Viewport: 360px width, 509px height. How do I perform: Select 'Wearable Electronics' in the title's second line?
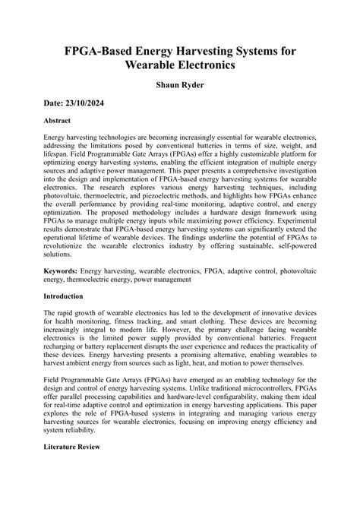tap(179, 66)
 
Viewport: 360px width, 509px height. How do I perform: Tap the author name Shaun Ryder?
tap(179, 88)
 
